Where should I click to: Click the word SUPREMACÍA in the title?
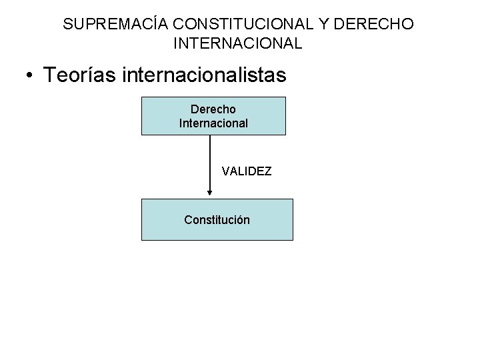click(x=115, y=25)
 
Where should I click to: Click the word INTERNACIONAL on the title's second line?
click(x=238, y=45)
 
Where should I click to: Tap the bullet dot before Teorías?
click(x=31, y=75)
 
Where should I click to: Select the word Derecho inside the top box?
click(x=213, y=109)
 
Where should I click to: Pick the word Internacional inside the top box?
click(x=213, y=123)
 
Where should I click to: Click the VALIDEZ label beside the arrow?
click(x=247, y=172)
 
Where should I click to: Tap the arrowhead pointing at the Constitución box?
click(x=210, y=193)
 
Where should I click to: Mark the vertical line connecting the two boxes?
click(x=210, y=163)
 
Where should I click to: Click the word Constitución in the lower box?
click(x=217, y=219)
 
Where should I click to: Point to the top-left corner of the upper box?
click(x=141, y=97)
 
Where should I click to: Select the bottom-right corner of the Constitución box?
click(x=293, y=239)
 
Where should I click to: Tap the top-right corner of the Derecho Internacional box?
click(x=285, y=97)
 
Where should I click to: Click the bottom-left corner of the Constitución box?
click(x=141, y=239)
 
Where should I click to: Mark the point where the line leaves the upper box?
click(x=210, y=135)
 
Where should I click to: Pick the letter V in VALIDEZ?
click(x=225, y=172)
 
